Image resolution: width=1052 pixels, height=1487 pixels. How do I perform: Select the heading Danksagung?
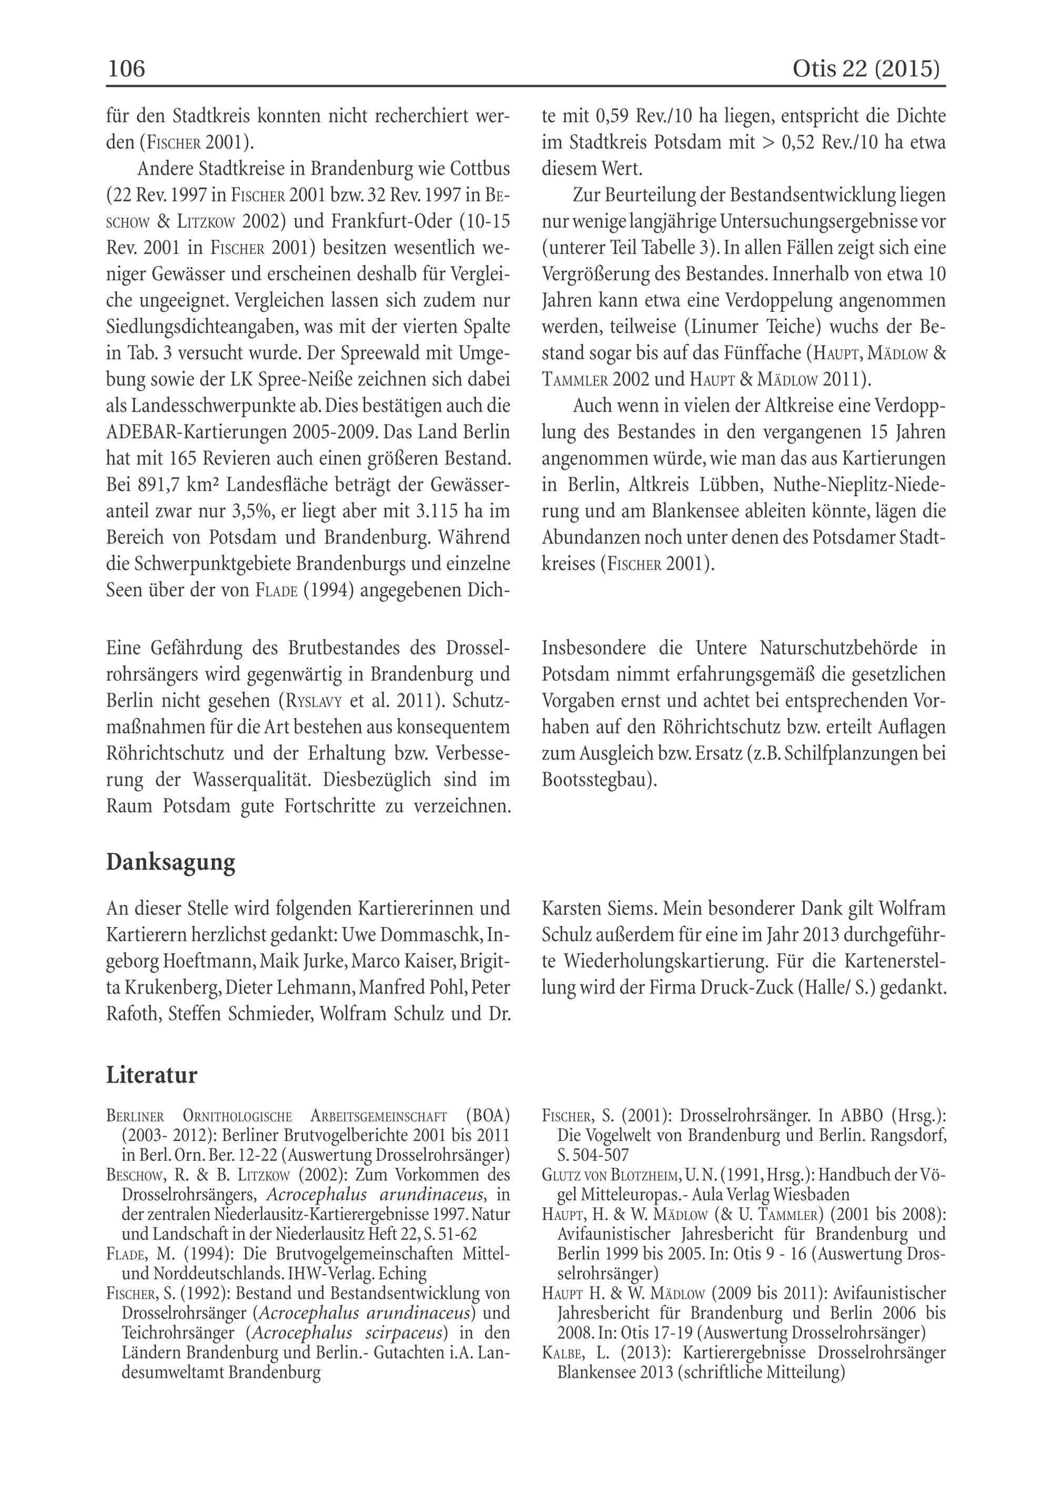tap(170, 863)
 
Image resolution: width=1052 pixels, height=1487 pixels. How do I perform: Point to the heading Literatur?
tap(151, 1076)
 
